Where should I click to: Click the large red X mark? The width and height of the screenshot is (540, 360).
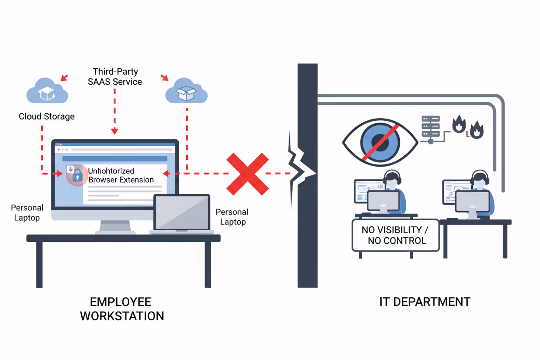pyautogui.click(x=247, y=174)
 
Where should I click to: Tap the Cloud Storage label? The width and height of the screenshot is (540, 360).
pyautogui.click(x=47, y=116)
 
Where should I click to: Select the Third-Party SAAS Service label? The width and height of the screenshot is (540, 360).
pyautogui.click(x=115, y=76)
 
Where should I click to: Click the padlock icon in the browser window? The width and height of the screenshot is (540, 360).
pyautogui.click(x=77, y=175)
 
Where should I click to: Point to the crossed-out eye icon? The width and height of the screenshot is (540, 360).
pyautogui.click(x=379, y=141)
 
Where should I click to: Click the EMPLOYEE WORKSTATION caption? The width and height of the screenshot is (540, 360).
pyautogui.click(x=122, y=309)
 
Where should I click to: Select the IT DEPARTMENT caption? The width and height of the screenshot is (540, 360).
pyautogui.click(x=424, y=302)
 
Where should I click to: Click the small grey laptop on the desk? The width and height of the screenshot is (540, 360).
pyautogui.click(x=182, y=214)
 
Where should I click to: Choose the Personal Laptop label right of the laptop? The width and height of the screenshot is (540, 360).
pyautogui.click(x=232, y=217)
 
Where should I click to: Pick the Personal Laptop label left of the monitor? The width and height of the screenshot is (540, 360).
pyautogui.click(x=27, y=212)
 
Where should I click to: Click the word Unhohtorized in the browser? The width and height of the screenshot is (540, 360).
pyautogui.click(x=111, y=171)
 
